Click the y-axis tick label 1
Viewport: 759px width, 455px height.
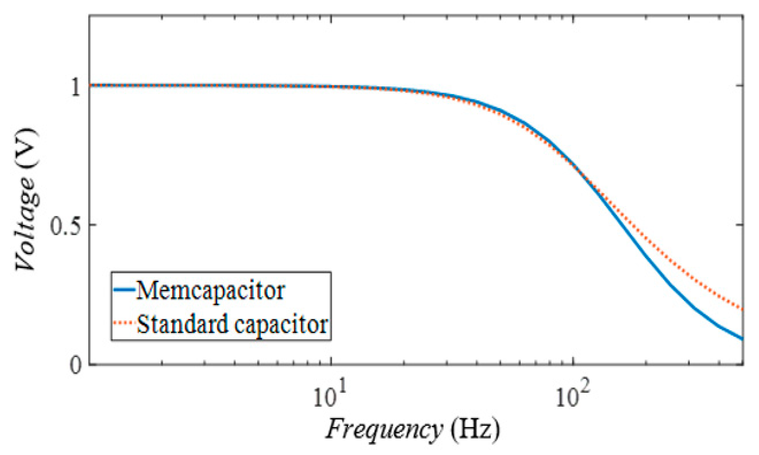coord(75,87)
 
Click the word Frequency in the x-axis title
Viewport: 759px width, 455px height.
coord(384,429)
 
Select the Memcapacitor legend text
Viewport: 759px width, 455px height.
coord(210,291)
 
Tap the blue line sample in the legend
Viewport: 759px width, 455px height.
coord(124,290)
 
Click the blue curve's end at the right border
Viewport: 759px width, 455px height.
coord(742,339)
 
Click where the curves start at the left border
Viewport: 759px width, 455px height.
coord(90,85)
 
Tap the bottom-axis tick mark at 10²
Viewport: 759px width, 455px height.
coord(573,362)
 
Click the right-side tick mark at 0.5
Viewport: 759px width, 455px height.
coord(740,225)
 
